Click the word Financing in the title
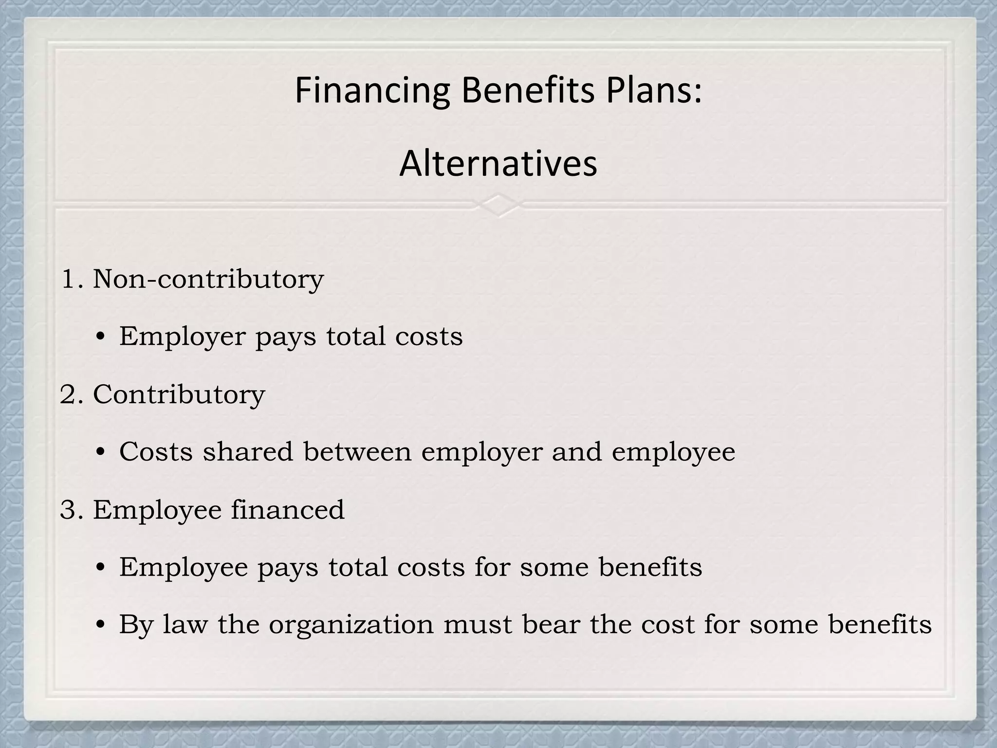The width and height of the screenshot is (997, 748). (372, 91)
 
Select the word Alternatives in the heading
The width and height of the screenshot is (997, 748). (498, 164)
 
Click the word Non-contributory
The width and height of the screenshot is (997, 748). (208, 280)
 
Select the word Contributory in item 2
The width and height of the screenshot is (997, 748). (179, 394)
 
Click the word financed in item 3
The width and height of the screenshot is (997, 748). (287, 510)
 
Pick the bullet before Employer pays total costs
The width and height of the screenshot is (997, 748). (101, 337)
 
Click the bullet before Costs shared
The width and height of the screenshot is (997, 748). (101, 453)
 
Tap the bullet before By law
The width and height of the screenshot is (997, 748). (101, 625)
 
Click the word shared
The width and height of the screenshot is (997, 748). (248, 452)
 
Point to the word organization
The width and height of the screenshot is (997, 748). (351, 625)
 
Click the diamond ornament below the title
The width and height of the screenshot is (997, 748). (498, 205)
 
